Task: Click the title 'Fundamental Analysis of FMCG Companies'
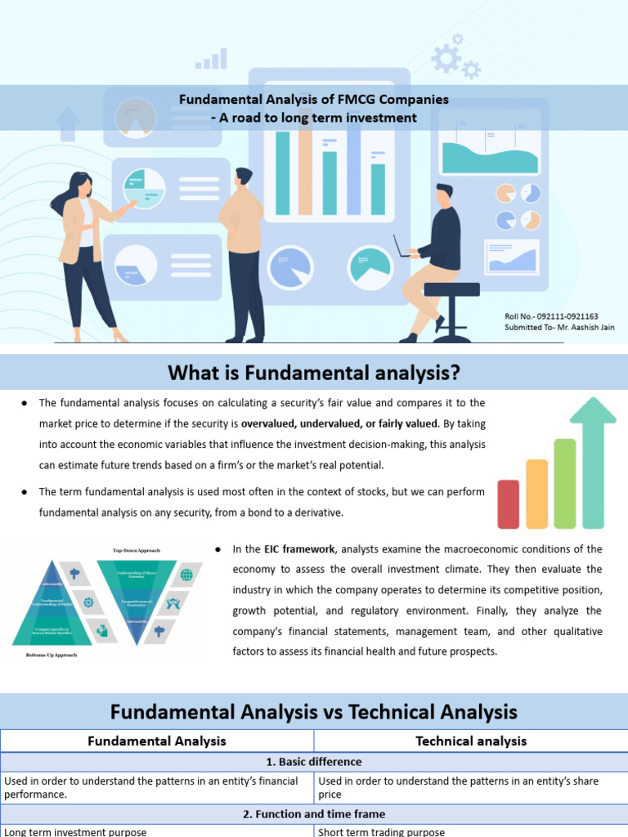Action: coord(314,99)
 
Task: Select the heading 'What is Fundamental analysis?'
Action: coord(314,374)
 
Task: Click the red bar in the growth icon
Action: coord(508,504)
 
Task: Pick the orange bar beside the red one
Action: coord(536,493)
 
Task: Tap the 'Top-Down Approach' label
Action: coord(137,550)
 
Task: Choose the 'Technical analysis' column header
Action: coord(471,741)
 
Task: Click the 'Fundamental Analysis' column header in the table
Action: coord(157,741)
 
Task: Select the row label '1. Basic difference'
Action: coord(314,762)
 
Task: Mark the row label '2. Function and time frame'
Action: coord(314,814)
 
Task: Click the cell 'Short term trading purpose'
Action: coord(382,831)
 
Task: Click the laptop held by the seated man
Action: coord(400,248)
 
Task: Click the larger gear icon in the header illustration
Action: coord(446,58)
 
